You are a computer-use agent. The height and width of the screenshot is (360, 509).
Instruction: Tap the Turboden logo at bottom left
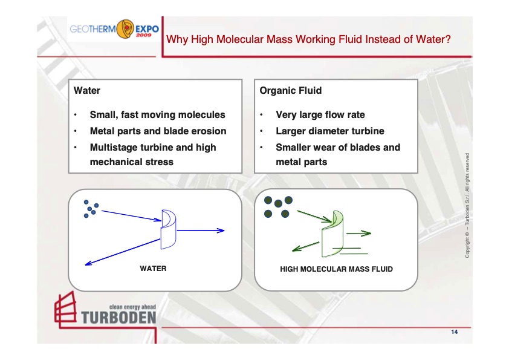coord(105,310)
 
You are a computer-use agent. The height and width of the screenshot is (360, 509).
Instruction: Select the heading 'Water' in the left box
coord(86,91)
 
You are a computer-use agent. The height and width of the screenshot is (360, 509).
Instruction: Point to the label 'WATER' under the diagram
coord(153,269)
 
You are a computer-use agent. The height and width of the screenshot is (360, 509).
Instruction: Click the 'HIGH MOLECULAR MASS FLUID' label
coord(336,269)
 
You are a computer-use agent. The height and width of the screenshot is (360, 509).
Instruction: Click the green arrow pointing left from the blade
coord(305,246)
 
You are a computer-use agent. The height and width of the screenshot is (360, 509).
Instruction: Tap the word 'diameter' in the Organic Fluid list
coord(330,131)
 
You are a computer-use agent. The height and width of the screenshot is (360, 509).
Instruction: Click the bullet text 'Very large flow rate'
coord(320,115)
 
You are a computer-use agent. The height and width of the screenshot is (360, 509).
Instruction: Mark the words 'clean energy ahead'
coord(132,307)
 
